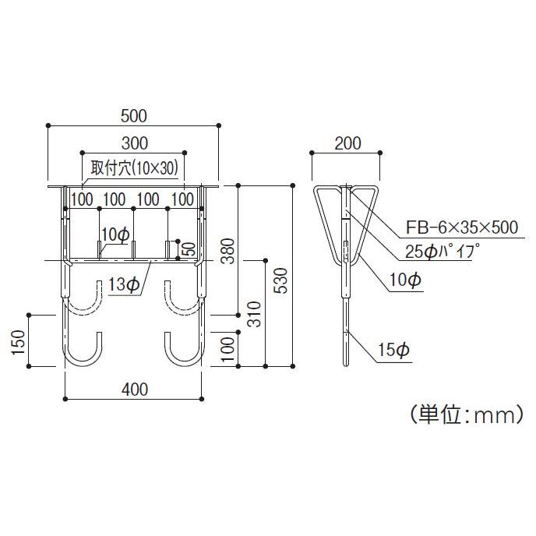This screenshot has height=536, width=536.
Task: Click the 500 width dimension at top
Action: coord(134,115)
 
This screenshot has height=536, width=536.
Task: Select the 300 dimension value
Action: coord(134,143)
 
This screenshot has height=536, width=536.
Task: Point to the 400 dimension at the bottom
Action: coord(134,388)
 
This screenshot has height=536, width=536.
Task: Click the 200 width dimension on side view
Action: coord(347,143)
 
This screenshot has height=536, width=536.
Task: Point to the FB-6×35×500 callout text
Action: coord(461,227)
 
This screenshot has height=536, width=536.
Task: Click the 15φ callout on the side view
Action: coord(396,351)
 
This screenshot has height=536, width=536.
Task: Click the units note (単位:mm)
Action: coord(464,415)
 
